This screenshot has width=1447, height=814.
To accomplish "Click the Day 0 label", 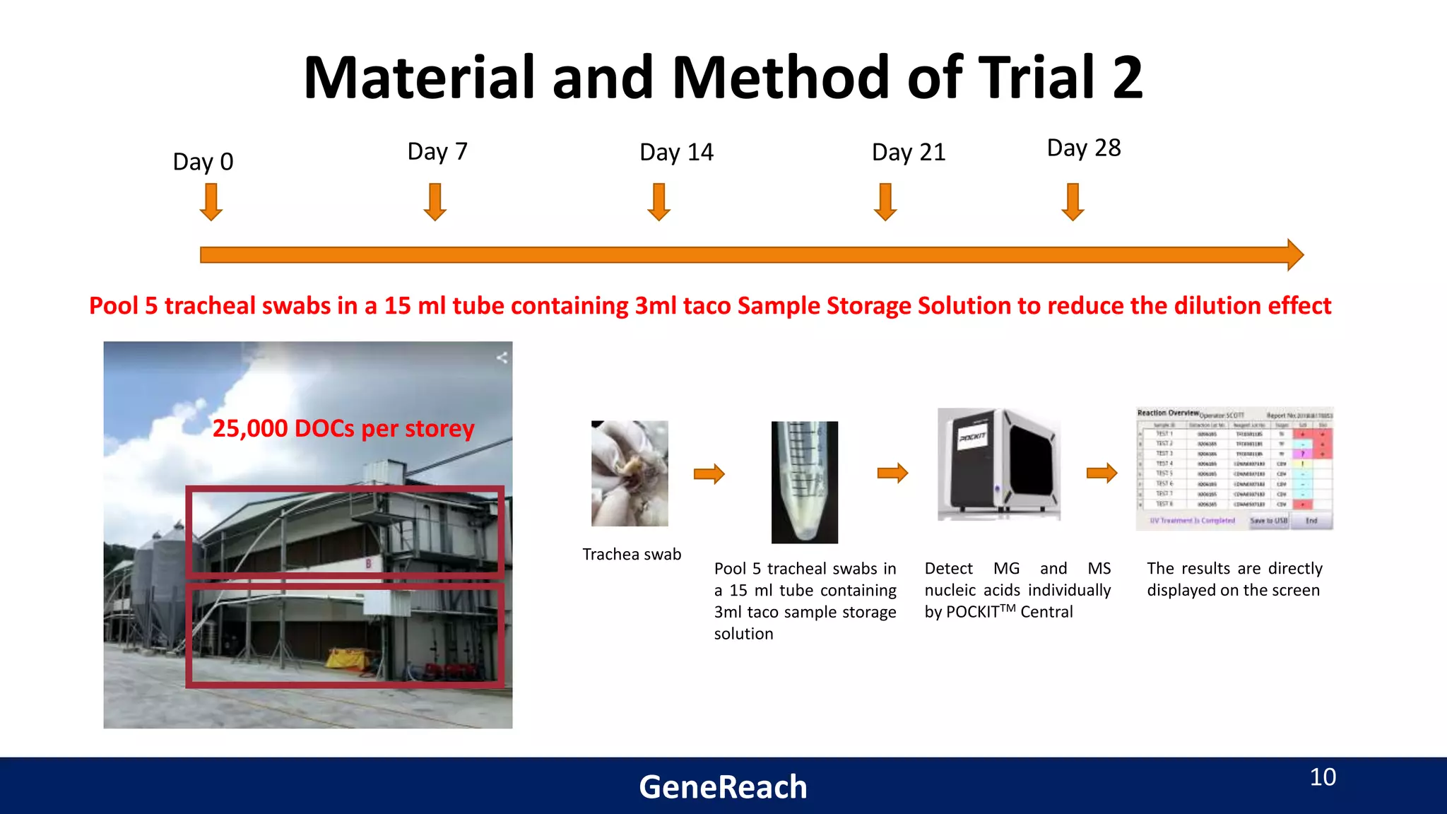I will coord(203,162).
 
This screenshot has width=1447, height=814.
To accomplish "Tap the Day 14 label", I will coord(676,153).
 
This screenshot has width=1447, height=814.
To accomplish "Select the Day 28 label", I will coord(1083,148).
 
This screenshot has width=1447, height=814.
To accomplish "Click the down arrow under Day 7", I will coord(435,202).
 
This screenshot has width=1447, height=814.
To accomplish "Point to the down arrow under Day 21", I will coord(885,202).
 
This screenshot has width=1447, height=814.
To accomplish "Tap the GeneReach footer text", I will coord(723,786).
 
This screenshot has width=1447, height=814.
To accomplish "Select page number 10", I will coord(1323,777).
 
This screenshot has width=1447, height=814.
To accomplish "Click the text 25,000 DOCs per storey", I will coord(343,428).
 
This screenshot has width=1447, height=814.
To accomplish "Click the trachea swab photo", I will coord(630,473).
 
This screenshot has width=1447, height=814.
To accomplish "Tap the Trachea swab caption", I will coord(632,555).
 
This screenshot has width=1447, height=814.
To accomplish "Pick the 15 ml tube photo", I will coord(804,482).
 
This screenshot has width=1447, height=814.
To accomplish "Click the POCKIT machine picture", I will coord(998,464).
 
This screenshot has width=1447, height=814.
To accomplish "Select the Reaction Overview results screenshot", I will coord(1234,468).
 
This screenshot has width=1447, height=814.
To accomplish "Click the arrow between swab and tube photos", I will coord(709,473).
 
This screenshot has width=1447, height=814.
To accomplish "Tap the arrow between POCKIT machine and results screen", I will coord(1102,473).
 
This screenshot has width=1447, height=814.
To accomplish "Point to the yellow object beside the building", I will coord(348,659).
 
